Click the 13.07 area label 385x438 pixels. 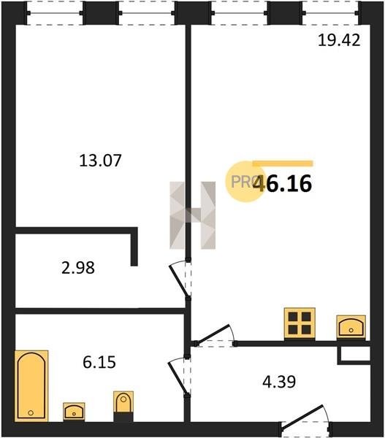[x=100, y=161]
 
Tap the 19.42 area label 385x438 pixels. [x=339, y=40]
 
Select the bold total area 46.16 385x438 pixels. [x=282, y=183]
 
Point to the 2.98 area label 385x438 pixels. [x=78, y=267]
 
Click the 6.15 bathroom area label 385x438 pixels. [x=99, y=362]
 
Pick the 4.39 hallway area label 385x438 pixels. [x=279, y=382]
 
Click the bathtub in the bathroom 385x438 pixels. [x=31, y=385]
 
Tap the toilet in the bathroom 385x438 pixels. [x=123, y=407]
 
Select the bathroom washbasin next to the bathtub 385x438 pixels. [x=74, y=412]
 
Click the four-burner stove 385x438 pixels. [x=300, y=323]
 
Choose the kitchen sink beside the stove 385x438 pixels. [x=351, y=327]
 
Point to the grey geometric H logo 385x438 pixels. [x=193, y=215]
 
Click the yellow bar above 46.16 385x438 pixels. [x=283, y=164]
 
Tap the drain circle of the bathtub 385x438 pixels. [x=31, y=413]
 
